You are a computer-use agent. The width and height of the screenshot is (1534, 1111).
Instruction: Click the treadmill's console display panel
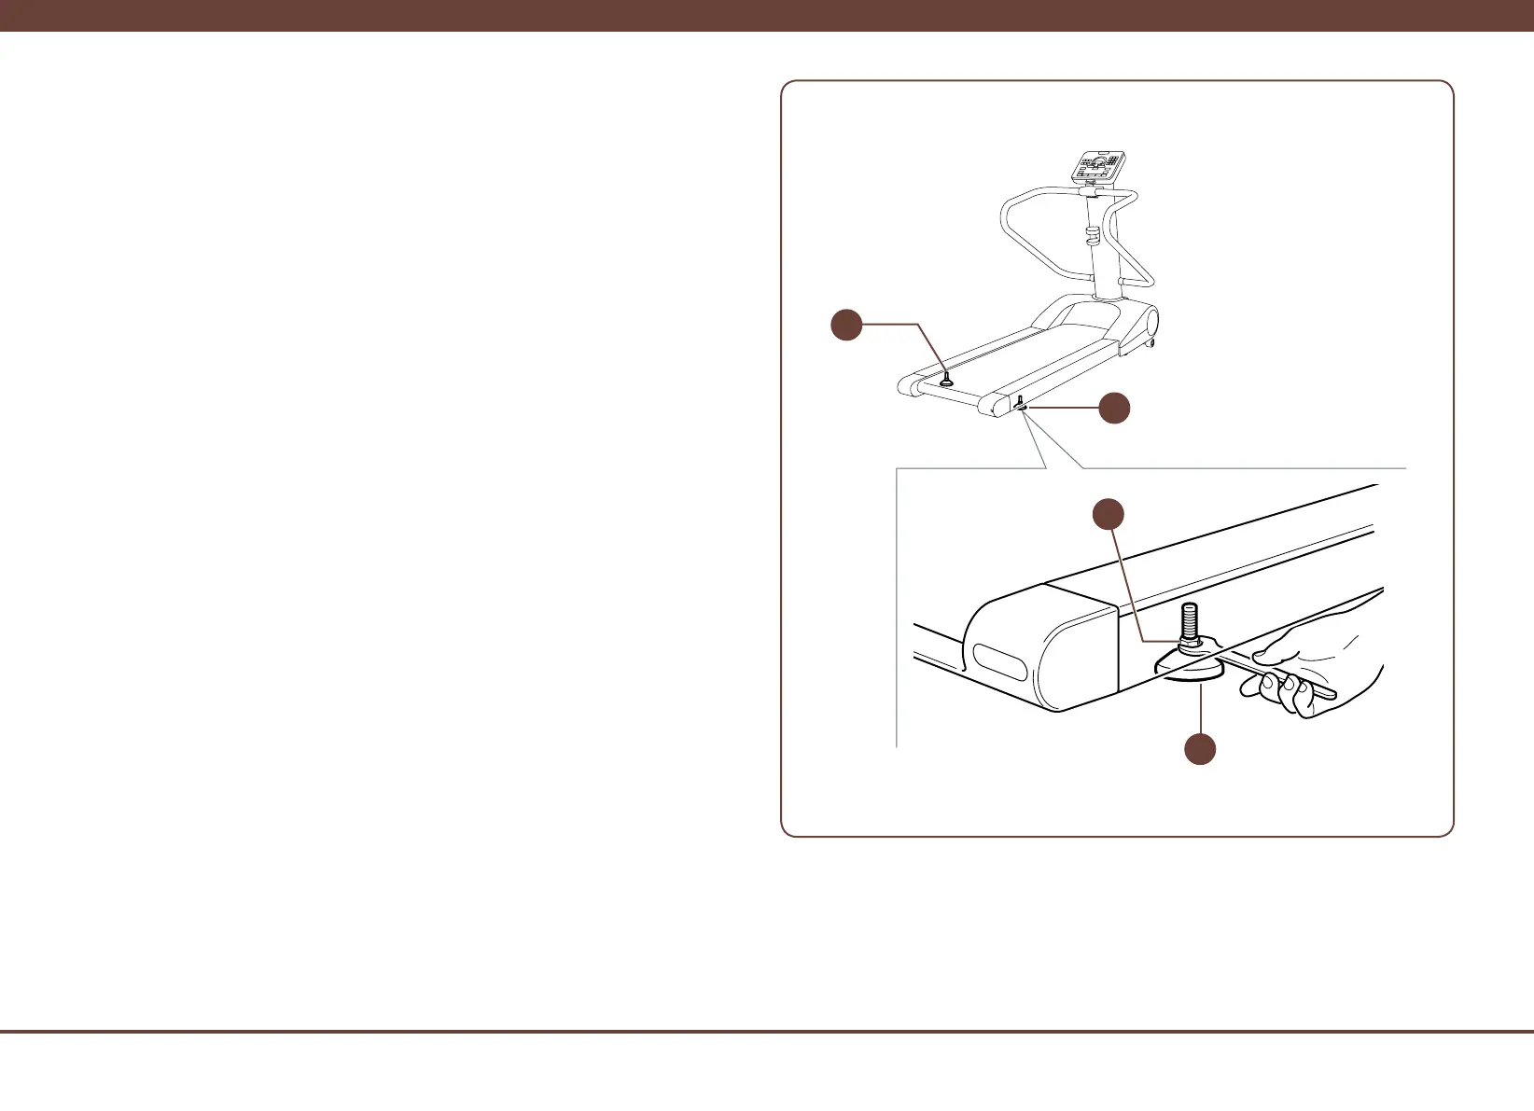click(x=1098, y=166)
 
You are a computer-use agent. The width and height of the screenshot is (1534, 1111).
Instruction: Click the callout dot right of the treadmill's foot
click(x=1114, y=408)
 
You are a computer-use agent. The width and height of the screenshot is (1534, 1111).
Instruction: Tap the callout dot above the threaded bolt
click(x=1108, y=514)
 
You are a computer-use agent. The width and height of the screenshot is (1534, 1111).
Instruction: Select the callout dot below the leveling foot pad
click(x=1200, y=749)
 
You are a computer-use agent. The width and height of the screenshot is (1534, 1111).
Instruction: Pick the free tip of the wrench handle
click(x=1330, y=692)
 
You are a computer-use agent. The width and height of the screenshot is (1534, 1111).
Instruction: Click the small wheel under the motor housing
click(x=1151, y=343)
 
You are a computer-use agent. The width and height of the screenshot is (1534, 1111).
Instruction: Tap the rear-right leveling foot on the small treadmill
click(x=1022, y=402)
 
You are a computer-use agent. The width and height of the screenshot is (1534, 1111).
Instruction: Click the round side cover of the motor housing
click(x=1151, y=323)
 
